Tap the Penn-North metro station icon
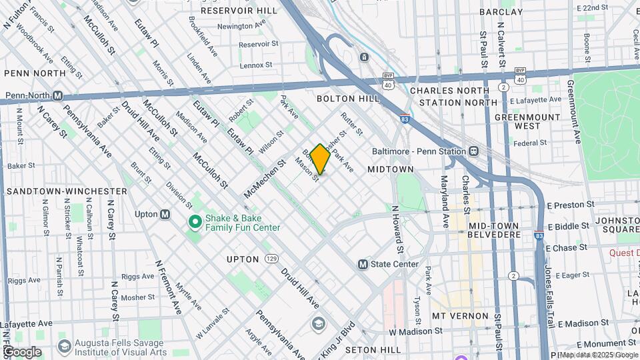[58, 95]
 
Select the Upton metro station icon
[165, 214]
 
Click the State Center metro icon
[363, 264]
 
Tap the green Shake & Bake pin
[195, 221]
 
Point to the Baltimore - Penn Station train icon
[473, 151]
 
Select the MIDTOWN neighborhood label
[391, 170]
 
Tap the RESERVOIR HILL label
[239, 11]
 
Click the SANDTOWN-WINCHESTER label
[67, 191]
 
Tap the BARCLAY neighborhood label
[519, 12]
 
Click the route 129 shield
[271, 258]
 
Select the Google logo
[21, 352]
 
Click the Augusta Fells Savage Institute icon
[64, 346]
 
